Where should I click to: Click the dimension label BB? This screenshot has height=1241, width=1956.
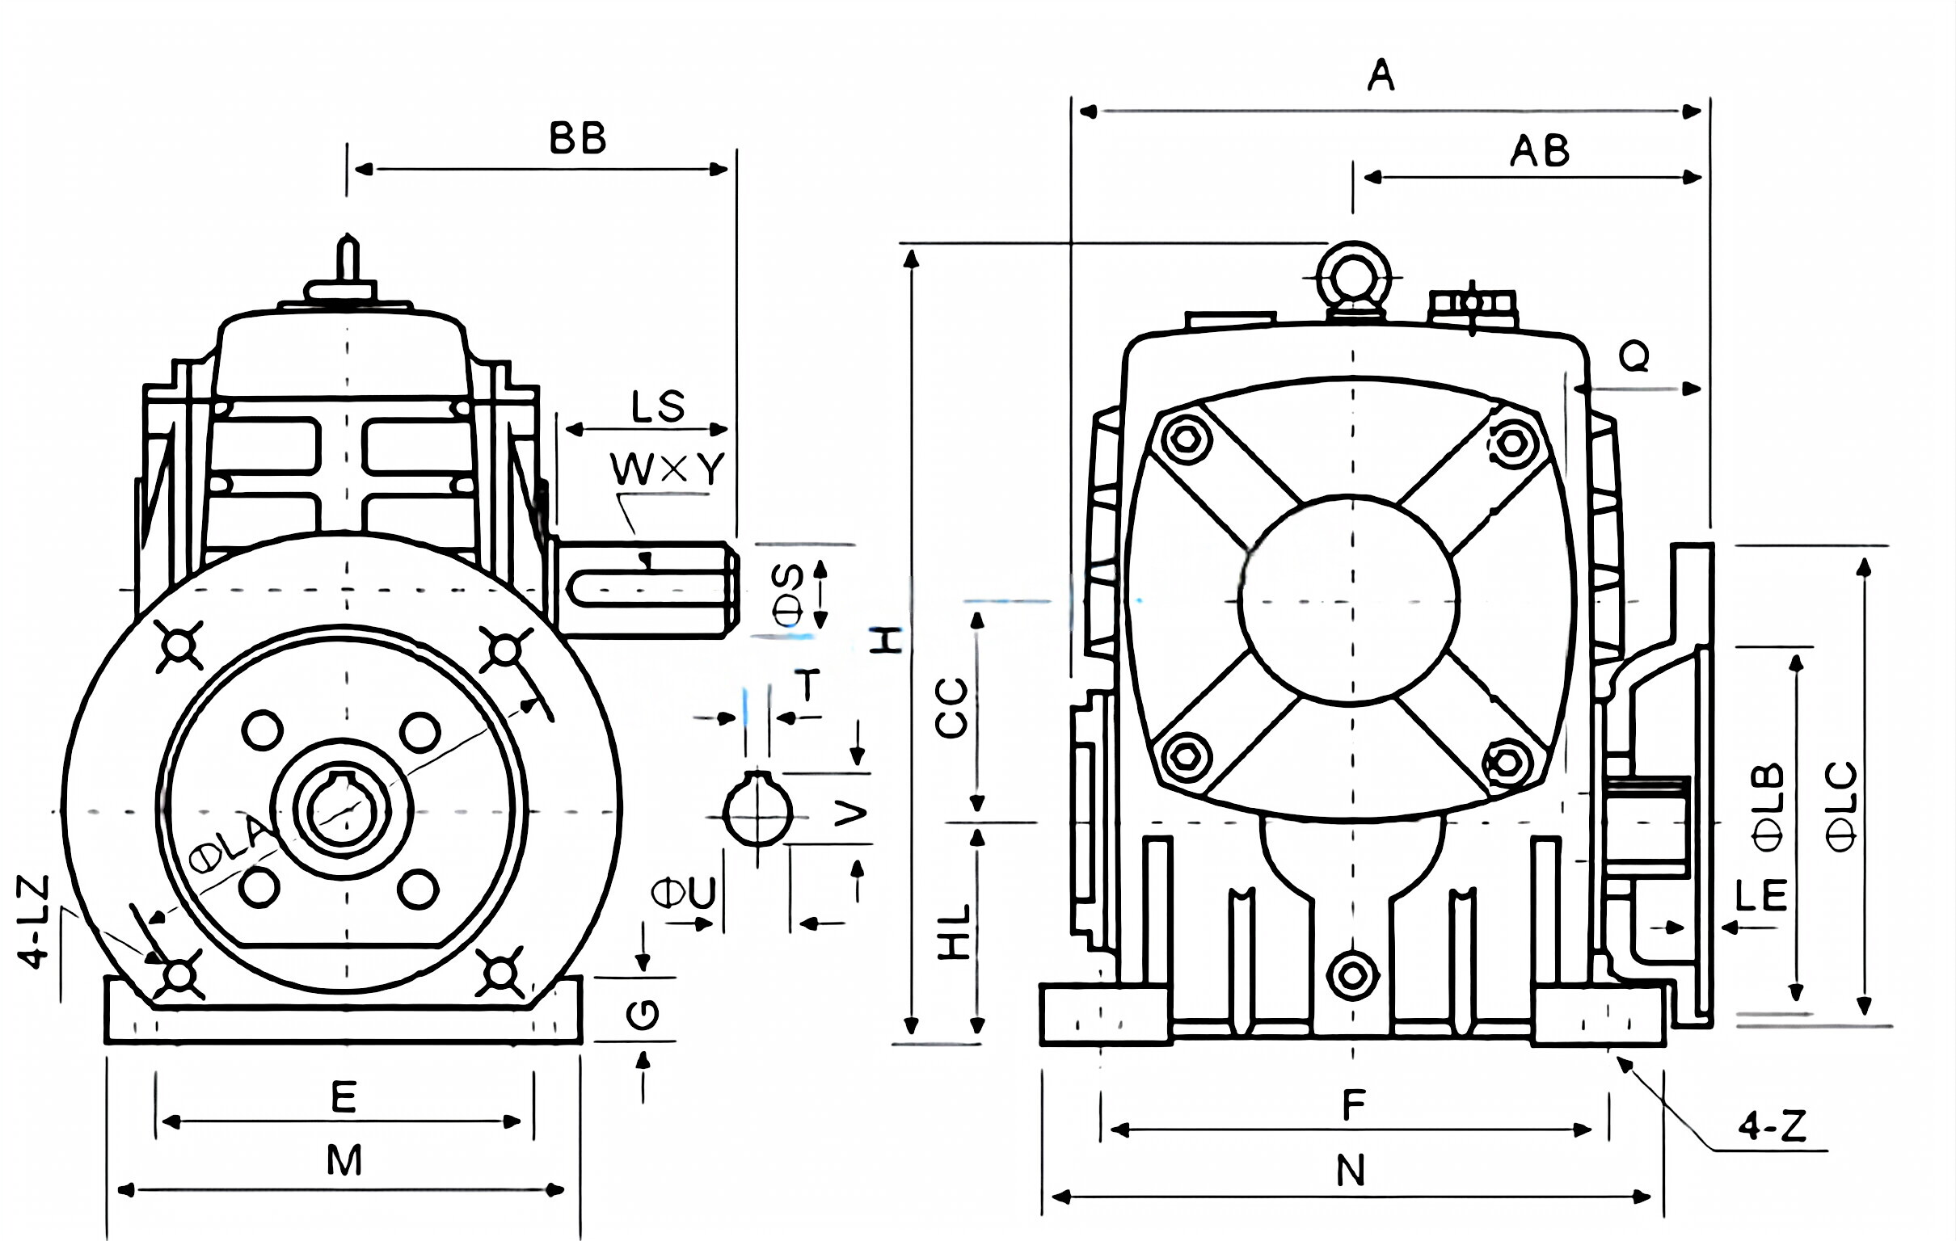(578, 139)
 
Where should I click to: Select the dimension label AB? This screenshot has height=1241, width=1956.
(1539, 152)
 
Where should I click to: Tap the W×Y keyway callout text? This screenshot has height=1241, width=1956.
(667, 469)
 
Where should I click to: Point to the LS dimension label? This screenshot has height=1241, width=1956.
(658, 407)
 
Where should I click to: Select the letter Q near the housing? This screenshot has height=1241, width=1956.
(1634, 355)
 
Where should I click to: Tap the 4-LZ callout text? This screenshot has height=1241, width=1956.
(34, 922)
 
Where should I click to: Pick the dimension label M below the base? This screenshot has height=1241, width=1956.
(344, 1160)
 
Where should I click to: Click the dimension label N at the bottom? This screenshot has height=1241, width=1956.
(1351, 1172)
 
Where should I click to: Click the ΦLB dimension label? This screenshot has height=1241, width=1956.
(1768, 806)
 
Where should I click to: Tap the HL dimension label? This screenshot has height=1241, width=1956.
(955, 932)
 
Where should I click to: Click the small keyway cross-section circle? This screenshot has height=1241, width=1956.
(757, 813)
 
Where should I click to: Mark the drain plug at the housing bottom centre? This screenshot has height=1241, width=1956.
(1352, 975)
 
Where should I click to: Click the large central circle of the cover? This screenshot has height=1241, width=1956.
(1349, 599)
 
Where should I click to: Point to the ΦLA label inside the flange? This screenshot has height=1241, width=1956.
(231, 844)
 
